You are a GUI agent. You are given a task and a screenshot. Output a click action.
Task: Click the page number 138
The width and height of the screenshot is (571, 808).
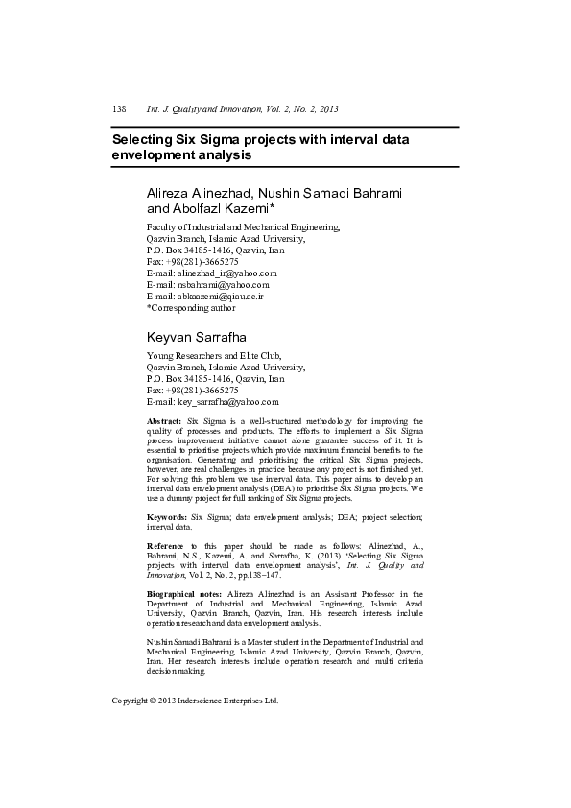[120, 108]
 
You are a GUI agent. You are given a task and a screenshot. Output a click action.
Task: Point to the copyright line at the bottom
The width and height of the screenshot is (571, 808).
[195, 701]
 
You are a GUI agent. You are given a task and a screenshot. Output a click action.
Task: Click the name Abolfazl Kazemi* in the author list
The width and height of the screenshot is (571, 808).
[223, 207]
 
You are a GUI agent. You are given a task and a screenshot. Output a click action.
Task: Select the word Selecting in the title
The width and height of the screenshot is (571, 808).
[145, 139]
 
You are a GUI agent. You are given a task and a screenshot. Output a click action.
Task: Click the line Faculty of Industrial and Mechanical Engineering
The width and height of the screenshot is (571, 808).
[236, 226]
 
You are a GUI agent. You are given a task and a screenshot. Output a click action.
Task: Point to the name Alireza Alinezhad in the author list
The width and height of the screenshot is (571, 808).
[201, 192]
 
